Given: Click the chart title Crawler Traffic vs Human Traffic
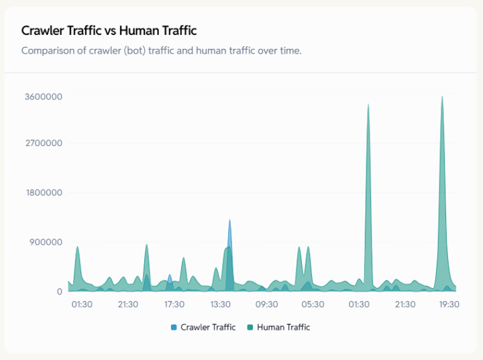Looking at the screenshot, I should (x=109, y=31).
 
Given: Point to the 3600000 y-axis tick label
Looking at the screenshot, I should (x=44, y=97).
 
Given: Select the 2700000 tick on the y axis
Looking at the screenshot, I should (x=44, y=143).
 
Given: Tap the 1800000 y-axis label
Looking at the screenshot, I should (x=44, y=193).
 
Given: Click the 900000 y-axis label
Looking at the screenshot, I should (x=46, y=242).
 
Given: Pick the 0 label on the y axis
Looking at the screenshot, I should (x=59, y=292).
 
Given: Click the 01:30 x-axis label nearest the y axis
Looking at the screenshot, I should (x=82, y=304).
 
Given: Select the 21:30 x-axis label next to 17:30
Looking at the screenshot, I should (x=128, y=304).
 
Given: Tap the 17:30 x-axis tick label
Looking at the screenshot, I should (x=174, y=304).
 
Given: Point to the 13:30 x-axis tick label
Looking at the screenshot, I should (x=221, y=304).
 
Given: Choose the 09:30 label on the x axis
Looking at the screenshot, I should (x=267, y=304).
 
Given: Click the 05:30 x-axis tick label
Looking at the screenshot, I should (x=313, y=304).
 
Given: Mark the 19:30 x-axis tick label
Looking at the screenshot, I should (x=449, y=304).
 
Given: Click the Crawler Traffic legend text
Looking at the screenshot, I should (x=208, y=327).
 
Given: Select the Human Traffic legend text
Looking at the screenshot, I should (x=283, y=327).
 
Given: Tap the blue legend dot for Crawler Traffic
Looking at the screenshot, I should (x=174, y=327).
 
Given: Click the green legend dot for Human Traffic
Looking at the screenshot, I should (x=251, y=327).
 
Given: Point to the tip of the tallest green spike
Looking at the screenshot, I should (x=442, y=97).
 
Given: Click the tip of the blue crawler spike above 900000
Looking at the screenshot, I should (x=229, y=220).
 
